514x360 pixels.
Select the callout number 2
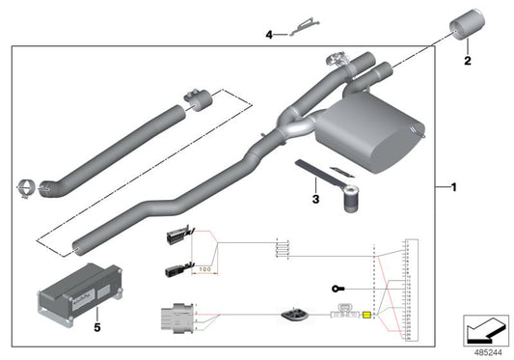[x=468, y=61]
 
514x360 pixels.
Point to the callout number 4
[x=270, y=34]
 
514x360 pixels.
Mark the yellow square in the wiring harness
[x=366, y=315]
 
